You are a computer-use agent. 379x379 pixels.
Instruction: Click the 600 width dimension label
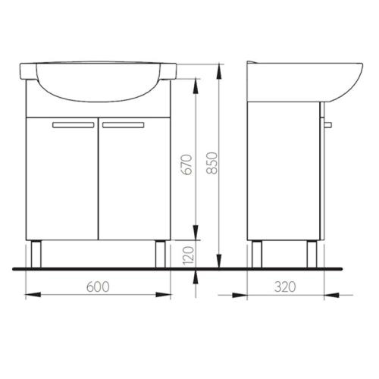[98, 287]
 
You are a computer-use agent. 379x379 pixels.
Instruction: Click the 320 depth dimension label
[285, 287]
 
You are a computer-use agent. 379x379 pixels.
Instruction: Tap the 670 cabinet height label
[187, 164]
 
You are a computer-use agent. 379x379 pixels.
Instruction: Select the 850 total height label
[211, 163]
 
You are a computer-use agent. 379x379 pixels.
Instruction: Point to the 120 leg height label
[188, 255]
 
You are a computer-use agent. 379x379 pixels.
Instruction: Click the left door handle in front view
[74, 125]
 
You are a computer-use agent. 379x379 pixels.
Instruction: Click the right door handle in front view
[124, 125]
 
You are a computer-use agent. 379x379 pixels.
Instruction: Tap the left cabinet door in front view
[62, 179]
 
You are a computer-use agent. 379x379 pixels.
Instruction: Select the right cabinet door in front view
[134, 179]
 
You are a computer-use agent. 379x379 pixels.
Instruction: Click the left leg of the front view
[36, 254]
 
